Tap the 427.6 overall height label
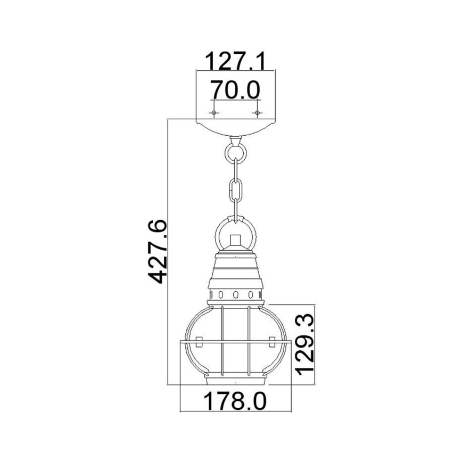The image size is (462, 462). tap(158, 251)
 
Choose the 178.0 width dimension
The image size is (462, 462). tap(236, 400)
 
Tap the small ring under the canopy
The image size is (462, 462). tap(235, 152)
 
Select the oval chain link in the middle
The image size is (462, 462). tap(235, 189)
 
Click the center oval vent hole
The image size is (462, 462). tap(236, 295)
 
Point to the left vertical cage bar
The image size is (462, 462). tap(221, 341)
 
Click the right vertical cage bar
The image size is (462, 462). tap(249, 341)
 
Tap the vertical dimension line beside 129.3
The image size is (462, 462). tap(317, 344)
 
